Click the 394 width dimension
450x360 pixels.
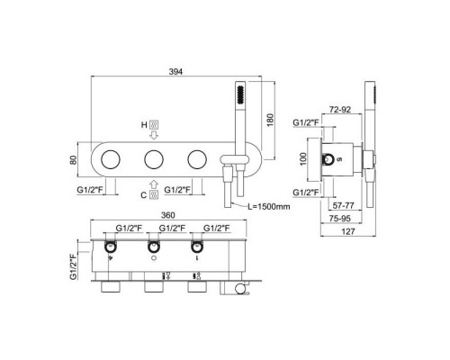pyautogui.click(x=175, y=72)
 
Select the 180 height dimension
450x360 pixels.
pyautogui.click(x=270, y=120)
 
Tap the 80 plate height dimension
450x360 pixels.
pyautogui.click(x=73, y=159)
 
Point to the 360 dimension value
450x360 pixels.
pyautogui.click(x=168, y=215)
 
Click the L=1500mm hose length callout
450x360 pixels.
pyautogui.click(x=269, y=206)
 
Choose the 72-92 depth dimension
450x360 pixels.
pyautogui.click(x=340, y=110)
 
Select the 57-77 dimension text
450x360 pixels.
pyautogui.click(x=343, y=205)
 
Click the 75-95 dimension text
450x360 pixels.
pyautogui.click(x=340, y=219)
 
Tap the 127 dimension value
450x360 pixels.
pyautogui.click(x=348, y=231)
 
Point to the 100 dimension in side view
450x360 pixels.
pyautogui.click(x=303, y=158)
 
